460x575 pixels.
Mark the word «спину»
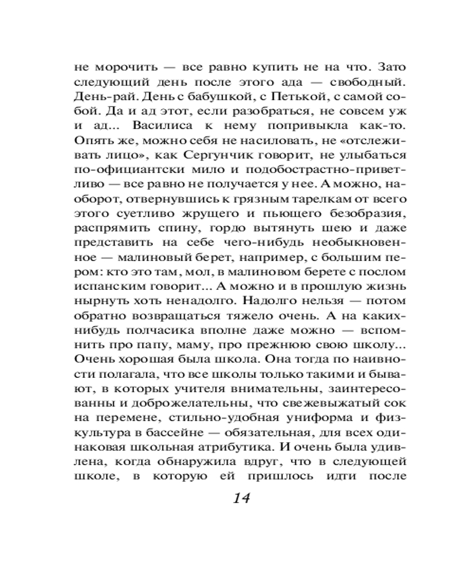170,229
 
